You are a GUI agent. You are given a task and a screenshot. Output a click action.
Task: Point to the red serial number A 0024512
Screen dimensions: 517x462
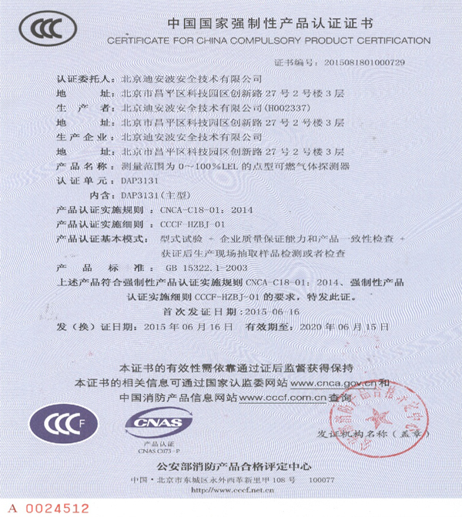click(x=49, y=508)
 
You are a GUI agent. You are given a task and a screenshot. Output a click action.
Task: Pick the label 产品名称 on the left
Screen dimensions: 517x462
click(x=81, y=165)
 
